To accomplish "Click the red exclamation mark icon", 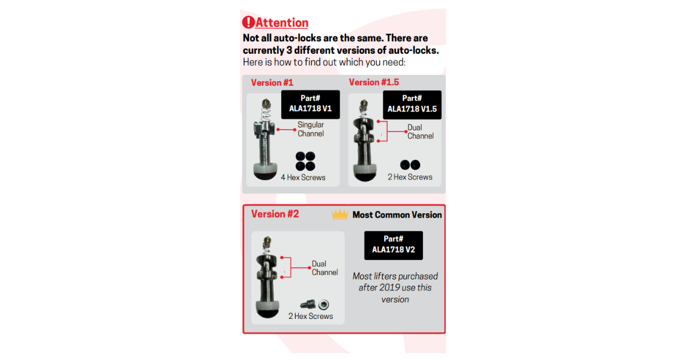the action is click(x=248, y=22).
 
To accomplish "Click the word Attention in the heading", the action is click(x=282, y=23).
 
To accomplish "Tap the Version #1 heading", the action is click(x=272, y=83).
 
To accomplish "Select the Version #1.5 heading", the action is click(x=374, y=82).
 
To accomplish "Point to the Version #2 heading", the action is click(x=275, y=214).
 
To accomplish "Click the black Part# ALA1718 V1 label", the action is click(x=310, y=105).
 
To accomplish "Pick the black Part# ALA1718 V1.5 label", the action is click(x=412, y=105).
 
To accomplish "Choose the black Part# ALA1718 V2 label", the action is click(x=393, y=245).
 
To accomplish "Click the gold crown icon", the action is click(x=340, y=214).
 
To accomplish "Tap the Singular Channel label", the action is click(x=310, y=129).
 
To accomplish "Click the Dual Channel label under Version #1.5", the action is click(x=420, y=131).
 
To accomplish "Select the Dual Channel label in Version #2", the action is click(x=325, y=268).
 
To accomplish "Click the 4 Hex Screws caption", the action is click(x=303, y=178).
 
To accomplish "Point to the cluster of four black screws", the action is click(x=305, y=161).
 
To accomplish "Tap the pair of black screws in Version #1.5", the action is click(x=410, y=165).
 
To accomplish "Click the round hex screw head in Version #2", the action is click(x=324, y=304).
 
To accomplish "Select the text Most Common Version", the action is click(x=397, y=215).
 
